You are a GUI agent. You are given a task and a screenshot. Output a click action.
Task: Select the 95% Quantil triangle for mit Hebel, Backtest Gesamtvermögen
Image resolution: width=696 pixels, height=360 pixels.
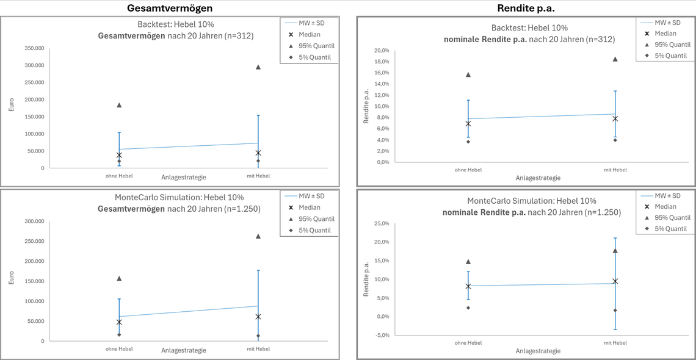[x=258, y=67]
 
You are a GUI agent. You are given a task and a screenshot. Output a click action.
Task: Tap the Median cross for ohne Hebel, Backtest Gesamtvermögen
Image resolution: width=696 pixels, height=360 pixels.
[x=119, y=155]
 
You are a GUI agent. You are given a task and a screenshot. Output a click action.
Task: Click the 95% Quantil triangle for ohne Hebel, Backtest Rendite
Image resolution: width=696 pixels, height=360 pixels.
[x=468, y=74]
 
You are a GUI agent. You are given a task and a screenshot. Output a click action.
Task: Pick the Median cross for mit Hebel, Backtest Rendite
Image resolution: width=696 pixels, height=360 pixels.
[x=615, y=118]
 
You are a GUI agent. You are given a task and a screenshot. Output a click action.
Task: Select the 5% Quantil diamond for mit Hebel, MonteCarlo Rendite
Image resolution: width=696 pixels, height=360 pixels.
[x=615, y=310]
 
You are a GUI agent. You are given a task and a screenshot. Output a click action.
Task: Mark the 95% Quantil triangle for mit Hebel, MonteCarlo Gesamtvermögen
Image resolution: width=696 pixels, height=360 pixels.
[x=258, y=236]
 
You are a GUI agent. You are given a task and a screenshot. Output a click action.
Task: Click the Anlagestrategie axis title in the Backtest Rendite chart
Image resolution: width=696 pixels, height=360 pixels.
[x=537, y=178]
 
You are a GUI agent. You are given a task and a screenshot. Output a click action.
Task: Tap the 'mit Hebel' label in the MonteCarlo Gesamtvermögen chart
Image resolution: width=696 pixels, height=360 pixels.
[x=258, y=349]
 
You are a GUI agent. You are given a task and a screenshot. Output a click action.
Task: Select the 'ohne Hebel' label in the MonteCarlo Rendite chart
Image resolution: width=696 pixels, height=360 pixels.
[x=468, y=343]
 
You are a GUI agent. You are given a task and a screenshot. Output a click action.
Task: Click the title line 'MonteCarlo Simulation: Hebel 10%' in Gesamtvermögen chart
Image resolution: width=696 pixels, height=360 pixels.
[x=179, y=197]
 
